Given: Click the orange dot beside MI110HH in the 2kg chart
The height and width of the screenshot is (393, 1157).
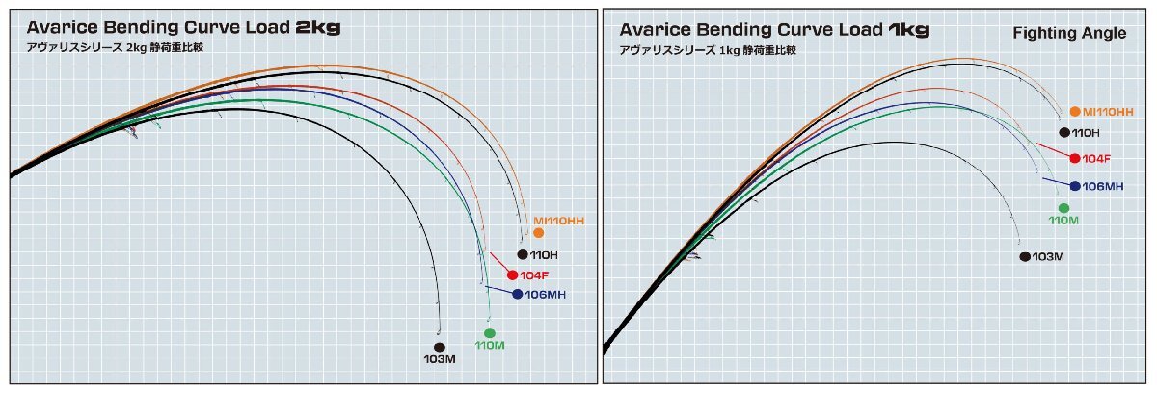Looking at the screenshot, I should coord(538,233).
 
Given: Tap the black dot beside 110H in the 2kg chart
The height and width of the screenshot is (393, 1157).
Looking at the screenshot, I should coord(523,254).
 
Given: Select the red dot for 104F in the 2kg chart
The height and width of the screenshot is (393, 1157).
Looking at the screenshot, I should coord(512,275).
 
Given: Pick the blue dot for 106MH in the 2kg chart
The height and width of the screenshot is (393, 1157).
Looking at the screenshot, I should coord(518,294).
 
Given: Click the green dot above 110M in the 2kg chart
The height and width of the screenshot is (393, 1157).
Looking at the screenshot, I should coord(490,333).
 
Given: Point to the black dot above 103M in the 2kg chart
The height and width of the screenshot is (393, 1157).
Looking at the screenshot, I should coord(439,347).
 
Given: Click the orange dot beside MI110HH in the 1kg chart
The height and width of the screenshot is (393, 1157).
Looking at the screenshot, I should coord(1075,112).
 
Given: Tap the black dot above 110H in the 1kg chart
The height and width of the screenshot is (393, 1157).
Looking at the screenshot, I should coord(1063,133).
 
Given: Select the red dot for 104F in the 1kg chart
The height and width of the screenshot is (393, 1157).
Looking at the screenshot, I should coord(1075,158).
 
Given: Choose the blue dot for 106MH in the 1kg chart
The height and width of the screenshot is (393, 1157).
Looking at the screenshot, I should coord(1075,185).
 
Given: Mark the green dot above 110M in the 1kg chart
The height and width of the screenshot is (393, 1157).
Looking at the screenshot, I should coord(1063,208).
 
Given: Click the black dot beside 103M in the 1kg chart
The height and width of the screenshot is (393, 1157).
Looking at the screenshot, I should coord(1024,256).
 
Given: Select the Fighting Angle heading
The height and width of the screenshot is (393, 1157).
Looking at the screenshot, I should coord(1069,34).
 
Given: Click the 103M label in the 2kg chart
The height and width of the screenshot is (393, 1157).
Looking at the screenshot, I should coord(439,359).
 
